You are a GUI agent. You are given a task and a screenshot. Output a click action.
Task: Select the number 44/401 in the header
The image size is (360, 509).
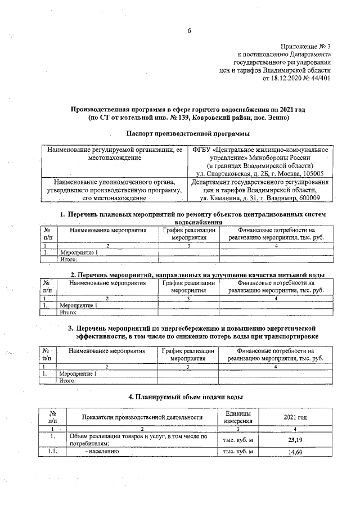(319, 79)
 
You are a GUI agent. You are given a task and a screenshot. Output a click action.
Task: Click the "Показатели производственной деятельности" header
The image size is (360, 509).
(142, 417)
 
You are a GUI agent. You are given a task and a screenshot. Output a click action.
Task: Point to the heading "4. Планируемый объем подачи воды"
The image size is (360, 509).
(186, 397)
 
